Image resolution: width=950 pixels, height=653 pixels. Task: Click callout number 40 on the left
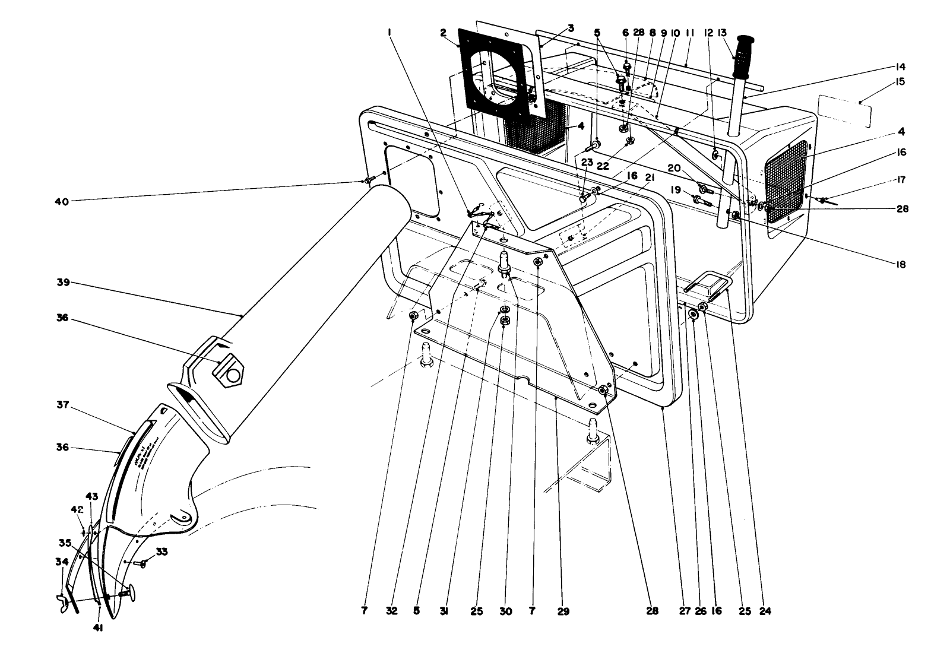[61, 201]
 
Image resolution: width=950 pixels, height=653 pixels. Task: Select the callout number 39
[62, 283]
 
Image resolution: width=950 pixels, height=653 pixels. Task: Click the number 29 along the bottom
[563, 610]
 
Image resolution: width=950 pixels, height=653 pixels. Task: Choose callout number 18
[901, 264]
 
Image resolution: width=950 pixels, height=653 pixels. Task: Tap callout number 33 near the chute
[161, 551]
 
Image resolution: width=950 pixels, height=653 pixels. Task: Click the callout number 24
[765, 610]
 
